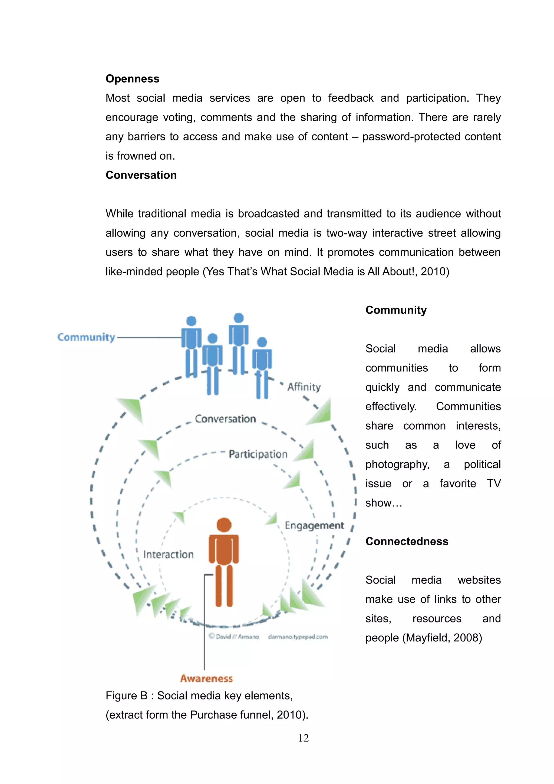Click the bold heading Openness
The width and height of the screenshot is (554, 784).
point(133,79)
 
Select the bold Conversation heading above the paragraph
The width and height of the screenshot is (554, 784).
point(141,175)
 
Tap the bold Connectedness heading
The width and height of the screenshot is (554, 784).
point(407,542)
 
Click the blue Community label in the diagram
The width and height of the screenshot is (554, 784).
point(86,337)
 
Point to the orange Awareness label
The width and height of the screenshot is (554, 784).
point(206,678)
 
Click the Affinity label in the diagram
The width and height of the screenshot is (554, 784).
point(304,387)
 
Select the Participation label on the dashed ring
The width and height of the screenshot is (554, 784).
point(258,454)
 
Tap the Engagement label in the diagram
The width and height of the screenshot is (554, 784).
point(314,526)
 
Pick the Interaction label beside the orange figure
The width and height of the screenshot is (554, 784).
point(168,555)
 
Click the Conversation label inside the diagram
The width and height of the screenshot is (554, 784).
point(225,419)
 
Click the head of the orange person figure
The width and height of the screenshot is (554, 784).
point(224,525)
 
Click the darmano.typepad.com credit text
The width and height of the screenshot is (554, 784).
point(298,637)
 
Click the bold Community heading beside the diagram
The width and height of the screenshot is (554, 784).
point(396,310)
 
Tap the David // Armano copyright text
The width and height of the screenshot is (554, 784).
point(234,637)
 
